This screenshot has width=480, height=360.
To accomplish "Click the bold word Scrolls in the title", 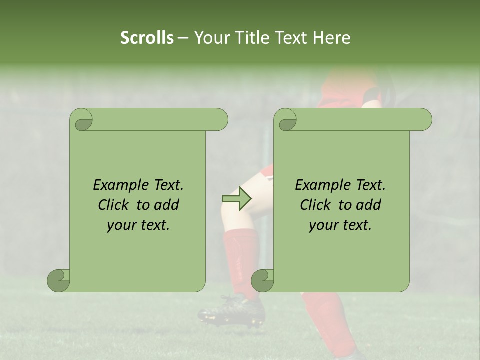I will click(147, 38).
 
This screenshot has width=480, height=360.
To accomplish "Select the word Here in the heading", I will click(332, 38).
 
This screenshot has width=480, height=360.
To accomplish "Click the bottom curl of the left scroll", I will click(59, 280).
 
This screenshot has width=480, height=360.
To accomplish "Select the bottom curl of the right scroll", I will click(263, 280).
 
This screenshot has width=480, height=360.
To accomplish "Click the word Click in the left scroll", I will click(114, 205).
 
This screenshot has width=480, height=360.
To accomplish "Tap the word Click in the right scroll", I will click(316, 205).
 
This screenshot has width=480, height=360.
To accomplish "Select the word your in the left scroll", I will click(121, 225).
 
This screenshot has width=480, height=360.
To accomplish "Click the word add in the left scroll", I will click(167, 205).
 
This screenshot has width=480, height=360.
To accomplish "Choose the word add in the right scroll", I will click(369, 205).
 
